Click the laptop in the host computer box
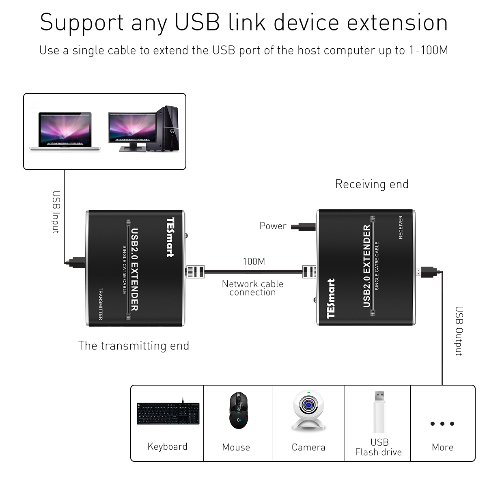(x=65, y=131)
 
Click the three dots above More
(x=442, y=424)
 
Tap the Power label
(x=273, y=226)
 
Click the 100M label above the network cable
(x=254, y=262)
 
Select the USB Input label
(x=56, y=212)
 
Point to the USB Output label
(x=459, y=331)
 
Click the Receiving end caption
(x=371, y=184)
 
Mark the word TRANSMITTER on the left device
(x=100, y=304)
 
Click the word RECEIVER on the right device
(x=401, y=227)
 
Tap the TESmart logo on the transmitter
(x=170, y=237)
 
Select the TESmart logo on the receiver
(x=331, y=298)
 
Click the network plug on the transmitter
(x=195, y=272)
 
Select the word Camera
(x=308, y=447)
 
